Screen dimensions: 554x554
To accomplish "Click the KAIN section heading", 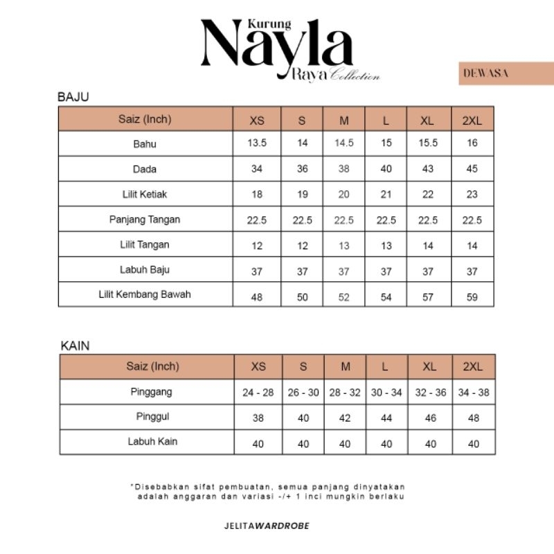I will click(x=75, y=345).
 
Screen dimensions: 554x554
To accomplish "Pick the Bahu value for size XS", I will click(x=257, y=144).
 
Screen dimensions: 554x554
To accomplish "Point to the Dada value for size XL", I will click(x=428, y=170).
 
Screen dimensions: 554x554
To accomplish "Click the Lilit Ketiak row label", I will click(x=145, y=195).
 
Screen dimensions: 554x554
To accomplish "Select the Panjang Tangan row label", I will click(x=145, y=220).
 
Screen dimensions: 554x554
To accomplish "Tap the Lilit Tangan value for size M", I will click(x=344, y=245).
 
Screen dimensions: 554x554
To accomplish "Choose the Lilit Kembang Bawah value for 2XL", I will click(x=472, y=295).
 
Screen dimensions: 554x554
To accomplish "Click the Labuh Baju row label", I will click(x=145, y=269).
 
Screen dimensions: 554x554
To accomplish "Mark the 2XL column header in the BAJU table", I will click(x=472, y=120).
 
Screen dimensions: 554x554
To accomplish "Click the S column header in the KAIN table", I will click(x=303, y=367).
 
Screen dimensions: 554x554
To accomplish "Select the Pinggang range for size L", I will click(x=386, y=393).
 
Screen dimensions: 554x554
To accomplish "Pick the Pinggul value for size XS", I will click(x=258, y=418).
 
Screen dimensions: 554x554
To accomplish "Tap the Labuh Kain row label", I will click(x=152, y=441).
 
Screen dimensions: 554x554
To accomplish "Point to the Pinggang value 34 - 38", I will click(x=474, y=393).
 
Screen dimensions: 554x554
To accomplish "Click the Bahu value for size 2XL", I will click(x=472, y=144).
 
